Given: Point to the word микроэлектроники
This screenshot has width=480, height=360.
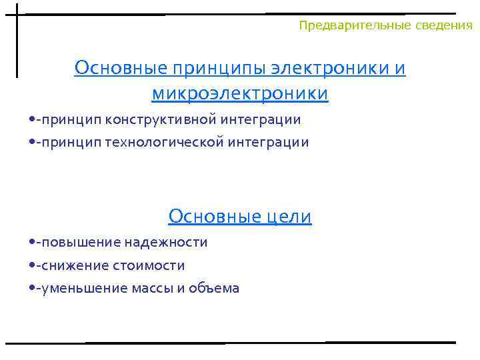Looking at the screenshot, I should pos(240,93).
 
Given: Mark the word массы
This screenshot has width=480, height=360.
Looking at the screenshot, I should pos(155,289).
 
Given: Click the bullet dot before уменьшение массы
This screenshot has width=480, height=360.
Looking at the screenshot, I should pos(33,289).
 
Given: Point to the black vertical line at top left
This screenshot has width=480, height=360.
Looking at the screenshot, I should pos(17,40).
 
